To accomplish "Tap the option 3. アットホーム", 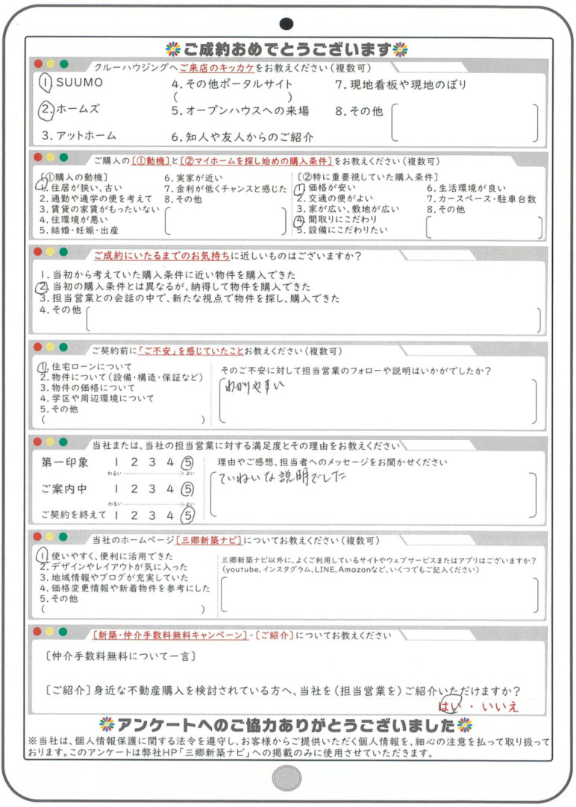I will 79,136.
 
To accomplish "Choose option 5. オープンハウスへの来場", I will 240,111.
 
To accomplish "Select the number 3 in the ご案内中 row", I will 152,489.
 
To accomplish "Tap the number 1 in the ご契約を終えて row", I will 117,515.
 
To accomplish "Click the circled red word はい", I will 449,705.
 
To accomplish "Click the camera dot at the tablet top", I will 287,24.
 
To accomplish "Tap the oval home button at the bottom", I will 287,779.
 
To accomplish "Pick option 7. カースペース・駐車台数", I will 481,200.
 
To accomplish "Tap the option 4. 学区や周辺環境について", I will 96,398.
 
